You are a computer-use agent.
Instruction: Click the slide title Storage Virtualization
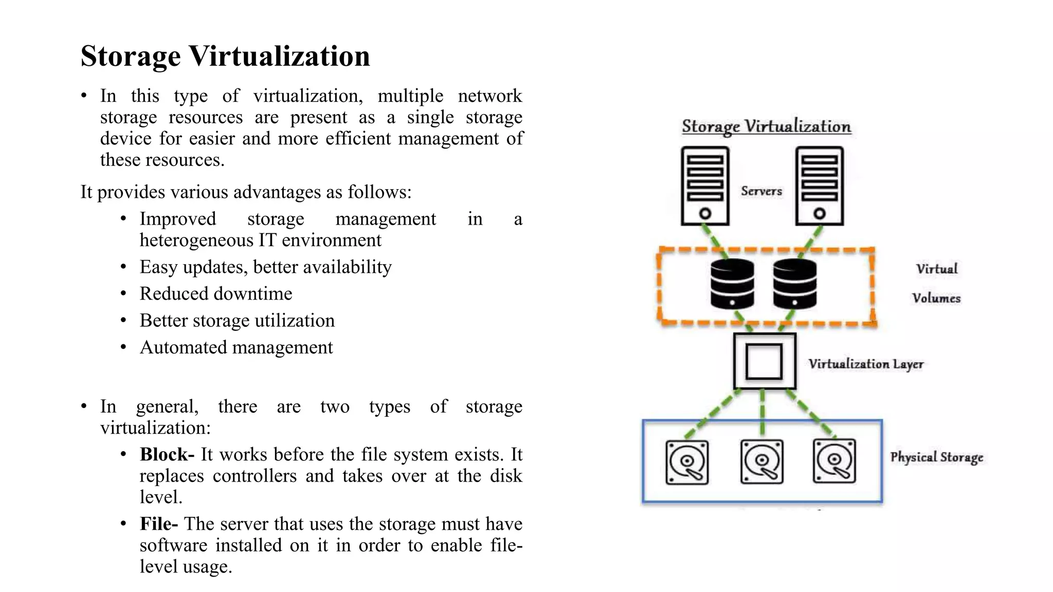(x=225, y=55)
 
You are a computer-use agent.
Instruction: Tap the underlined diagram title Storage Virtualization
(x=766, y=126)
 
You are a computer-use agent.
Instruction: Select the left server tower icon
(x=705, y=186)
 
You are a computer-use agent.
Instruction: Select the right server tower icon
(x=819, y=186)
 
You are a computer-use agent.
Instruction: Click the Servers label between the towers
(x=761, y=191)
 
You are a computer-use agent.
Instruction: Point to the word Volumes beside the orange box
(x=936, y=298)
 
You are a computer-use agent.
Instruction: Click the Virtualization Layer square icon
(x=765, y=361)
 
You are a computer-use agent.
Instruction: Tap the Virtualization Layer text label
(x=866, y=364)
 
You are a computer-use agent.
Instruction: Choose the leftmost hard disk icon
(x=687, y=462)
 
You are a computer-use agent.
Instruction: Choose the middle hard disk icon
(x=762, y=461)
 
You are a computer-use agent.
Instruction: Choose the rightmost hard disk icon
(x=834, y=461)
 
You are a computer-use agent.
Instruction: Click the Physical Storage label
(x=936, y=457)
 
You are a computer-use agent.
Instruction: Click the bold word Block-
(x=167, y=454)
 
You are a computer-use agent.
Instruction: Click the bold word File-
(x=158, y=524)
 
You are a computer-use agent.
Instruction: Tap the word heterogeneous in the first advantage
(x=196, y=240)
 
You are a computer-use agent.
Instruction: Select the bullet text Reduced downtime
(x=215, y=293)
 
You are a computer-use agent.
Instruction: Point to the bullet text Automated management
(x=236, y=347)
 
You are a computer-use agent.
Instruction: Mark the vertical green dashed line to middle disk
(x=762, y=411)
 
